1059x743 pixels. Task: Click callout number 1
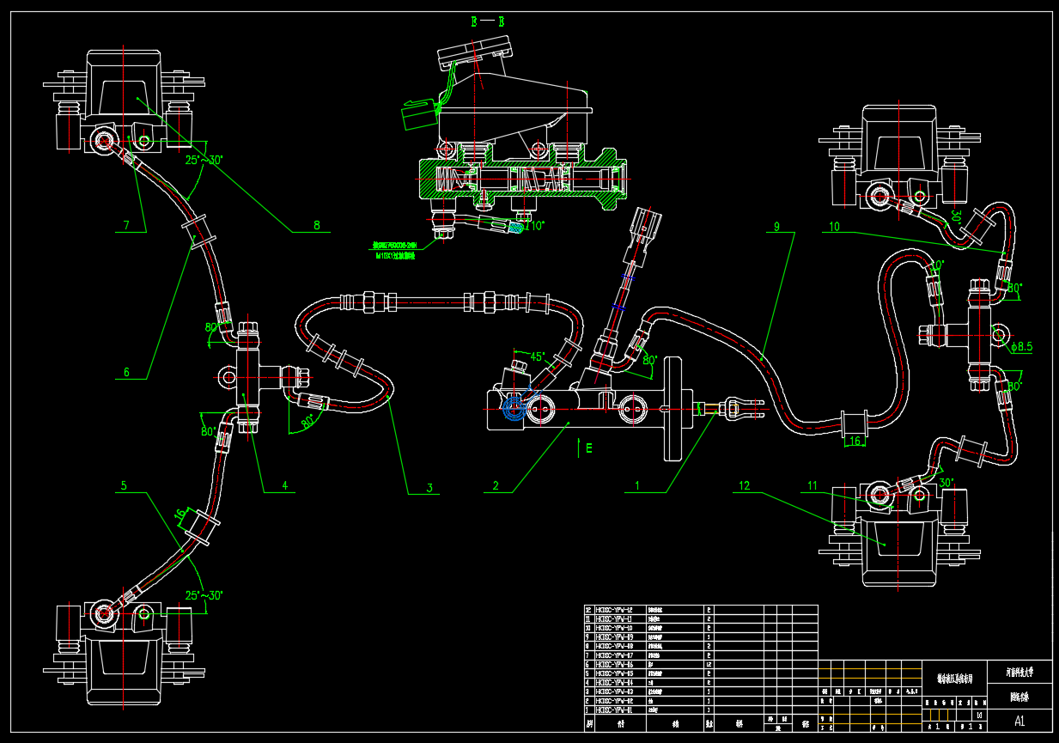click(637, 485)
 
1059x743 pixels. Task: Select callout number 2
click(496, 485)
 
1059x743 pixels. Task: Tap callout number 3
click(429, 488)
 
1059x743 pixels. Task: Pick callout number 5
click(124, 485)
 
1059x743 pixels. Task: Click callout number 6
click(126, 372)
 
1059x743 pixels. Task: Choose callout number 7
click(126, 226)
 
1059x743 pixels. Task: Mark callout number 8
click(316, 226)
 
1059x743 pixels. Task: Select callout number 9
click(776, 227)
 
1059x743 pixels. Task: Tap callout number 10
click(834, 227)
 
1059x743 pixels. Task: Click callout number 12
click(744, 486)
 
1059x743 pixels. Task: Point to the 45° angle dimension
click(537, 356)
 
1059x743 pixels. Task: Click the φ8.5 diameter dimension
click(1021, 347)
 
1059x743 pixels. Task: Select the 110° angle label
click(534, 227)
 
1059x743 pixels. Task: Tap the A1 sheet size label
click(1019, 721)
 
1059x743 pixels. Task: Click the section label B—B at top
click(487, 22)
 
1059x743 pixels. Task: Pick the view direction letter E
click(589, 448)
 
